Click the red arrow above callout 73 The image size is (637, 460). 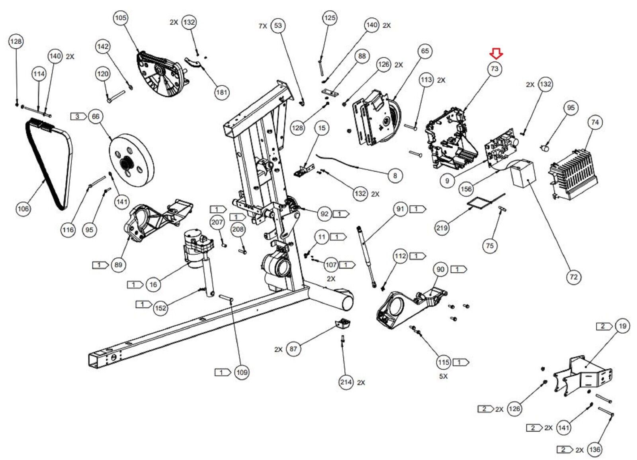[496, 53]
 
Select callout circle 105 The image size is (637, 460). [121, 18]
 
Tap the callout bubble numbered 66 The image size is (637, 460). [96, 116]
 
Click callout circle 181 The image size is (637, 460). [221, 92]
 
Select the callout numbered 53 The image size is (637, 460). [278, 26]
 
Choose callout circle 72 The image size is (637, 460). [573, 277]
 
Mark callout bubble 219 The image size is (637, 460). [442, 228]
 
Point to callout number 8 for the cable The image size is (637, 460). [395, 175]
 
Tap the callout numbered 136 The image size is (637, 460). [594, 450]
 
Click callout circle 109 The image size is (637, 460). [242, 373]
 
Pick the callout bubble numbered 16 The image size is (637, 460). [153, 285]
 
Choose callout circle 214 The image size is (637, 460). [346, 383]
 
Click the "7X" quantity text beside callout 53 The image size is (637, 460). [263, 26]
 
